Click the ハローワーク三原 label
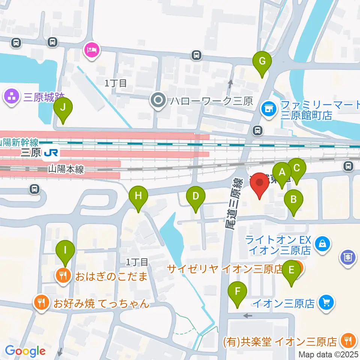pos(211,100)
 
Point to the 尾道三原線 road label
pos(234,204)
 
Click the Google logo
pos(25,351)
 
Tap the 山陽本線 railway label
pos(66,169)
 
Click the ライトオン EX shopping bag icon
pos(322,244)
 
